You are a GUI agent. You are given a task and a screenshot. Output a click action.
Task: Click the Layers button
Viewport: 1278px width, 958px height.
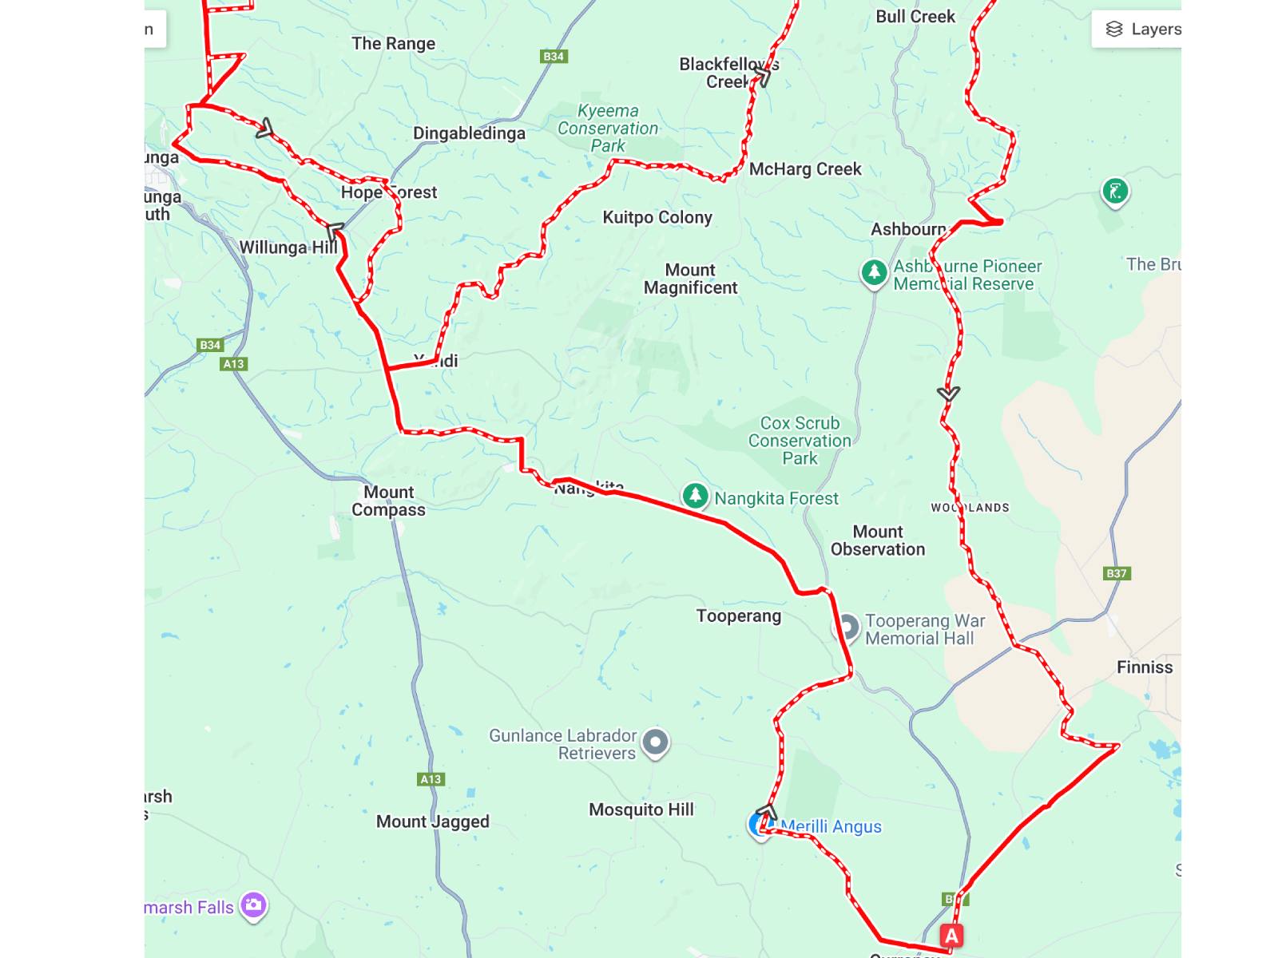pos(1142,30)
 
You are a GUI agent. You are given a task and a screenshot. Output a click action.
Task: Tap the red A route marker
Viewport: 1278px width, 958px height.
pos(951,936)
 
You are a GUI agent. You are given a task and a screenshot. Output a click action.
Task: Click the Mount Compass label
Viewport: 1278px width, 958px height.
pos(388,501)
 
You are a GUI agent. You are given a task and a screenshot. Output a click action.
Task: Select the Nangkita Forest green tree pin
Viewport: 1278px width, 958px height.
pos(695,496)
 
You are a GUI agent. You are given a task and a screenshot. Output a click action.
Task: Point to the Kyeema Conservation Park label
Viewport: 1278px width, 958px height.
pos(608,129)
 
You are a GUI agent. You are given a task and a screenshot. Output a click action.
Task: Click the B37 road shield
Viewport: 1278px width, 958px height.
pos(1116,573)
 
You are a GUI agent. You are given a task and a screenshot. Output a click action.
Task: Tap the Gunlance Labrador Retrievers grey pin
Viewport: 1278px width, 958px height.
pos(655,742)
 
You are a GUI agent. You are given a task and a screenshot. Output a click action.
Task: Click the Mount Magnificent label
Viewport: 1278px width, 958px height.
pos(690,279)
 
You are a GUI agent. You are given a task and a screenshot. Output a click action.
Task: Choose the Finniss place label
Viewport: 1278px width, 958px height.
pos(1144,667)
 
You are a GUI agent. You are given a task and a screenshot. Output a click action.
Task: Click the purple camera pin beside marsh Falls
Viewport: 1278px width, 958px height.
pos(253,905)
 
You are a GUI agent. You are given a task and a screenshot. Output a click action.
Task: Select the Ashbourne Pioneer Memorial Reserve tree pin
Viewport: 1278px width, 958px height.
pos(874,272)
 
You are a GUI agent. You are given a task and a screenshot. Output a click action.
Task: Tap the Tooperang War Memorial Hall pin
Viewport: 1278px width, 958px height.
pos(846,627)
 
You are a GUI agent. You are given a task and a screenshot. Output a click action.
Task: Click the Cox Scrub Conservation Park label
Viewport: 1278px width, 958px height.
pos(800,441)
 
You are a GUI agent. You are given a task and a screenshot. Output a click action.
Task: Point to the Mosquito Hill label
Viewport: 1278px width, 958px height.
pos(641,810)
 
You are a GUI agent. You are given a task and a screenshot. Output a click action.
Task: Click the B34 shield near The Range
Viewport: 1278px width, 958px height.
pos(554,56)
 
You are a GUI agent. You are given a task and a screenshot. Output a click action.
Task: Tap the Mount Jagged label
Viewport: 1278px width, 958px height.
pos(432,821)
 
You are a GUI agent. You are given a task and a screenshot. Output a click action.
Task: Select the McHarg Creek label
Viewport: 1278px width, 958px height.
pos(804,169)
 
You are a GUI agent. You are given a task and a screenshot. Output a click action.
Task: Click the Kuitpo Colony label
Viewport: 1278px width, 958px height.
pos(657,217)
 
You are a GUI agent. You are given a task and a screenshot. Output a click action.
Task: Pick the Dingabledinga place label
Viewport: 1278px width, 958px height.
pos(469,133)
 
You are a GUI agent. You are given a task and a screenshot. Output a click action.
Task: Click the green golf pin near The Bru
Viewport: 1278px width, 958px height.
pos(1114,192)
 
